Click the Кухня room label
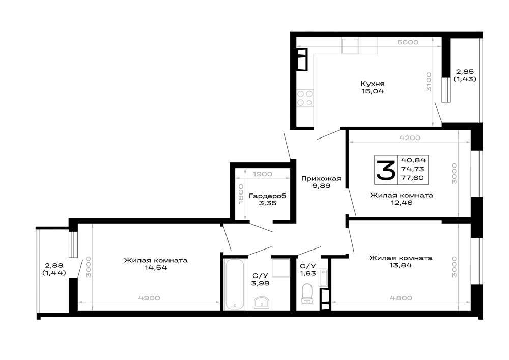coord(373,84)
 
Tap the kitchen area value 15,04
coord(373,91)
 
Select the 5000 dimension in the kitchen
coord(408,42)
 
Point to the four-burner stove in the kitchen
coord(305,98)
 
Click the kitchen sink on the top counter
coord(350,46)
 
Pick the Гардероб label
coord(268,196)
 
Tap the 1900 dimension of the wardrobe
coord(262,174)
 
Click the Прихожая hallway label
coord(321,179)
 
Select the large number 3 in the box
coord(386,170)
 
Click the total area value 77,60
coord(413,178)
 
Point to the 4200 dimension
coord(410,138)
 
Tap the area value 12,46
coord(402,203)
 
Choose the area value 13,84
coord(401,265)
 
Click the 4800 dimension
coord(401,298)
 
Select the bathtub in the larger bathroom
coord(234,284)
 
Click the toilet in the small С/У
coord(307,293)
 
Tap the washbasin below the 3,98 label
coord(261,302)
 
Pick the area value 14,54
coord(156,268)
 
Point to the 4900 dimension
coord(149,298)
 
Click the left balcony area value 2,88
coord(54,266)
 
